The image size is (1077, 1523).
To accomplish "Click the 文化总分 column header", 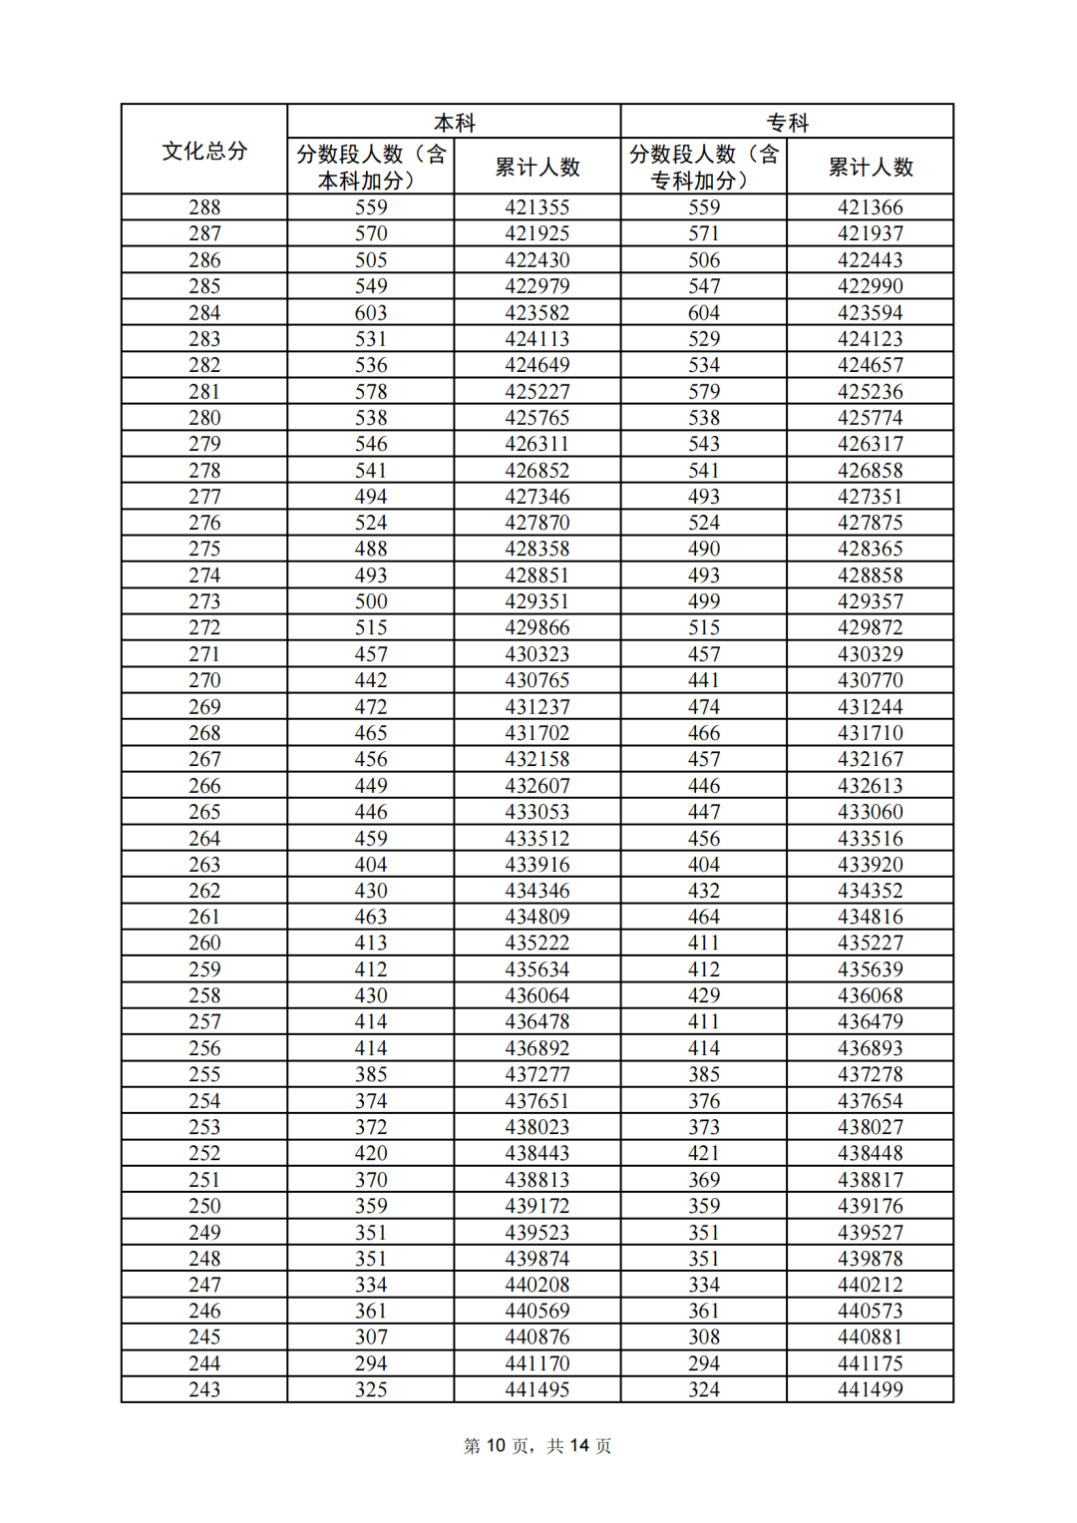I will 204,151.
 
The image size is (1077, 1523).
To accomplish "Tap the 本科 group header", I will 454,123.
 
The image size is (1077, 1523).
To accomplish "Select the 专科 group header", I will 787,123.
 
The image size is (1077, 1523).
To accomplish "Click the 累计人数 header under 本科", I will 538,167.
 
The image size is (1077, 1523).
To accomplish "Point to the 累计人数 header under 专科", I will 871,167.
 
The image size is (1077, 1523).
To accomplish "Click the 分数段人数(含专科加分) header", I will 703,167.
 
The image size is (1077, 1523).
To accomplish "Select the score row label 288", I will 204,207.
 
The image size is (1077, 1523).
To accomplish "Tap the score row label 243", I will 204,1389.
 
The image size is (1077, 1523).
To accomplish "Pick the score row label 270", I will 204,680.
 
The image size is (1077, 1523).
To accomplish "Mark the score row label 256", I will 204,1048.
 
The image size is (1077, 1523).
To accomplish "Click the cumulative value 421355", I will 538,207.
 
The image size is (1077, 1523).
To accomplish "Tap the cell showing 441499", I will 871,1389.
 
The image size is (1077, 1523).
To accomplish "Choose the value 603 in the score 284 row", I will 371,312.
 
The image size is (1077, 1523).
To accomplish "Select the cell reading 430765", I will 538,680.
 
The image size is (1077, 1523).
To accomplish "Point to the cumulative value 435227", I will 871,943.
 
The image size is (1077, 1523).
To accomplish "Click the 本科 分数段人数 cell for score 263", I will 371,865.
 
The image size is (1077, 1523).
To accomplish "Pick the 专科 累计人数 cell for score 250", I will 871,1206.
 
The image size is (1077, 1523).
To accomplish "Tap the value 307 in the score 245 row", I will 371,1336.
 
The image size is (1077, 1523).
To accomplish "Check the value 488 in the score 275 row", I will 371,549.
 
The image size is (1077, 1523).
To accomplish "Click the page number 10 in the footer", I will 496,1445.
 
